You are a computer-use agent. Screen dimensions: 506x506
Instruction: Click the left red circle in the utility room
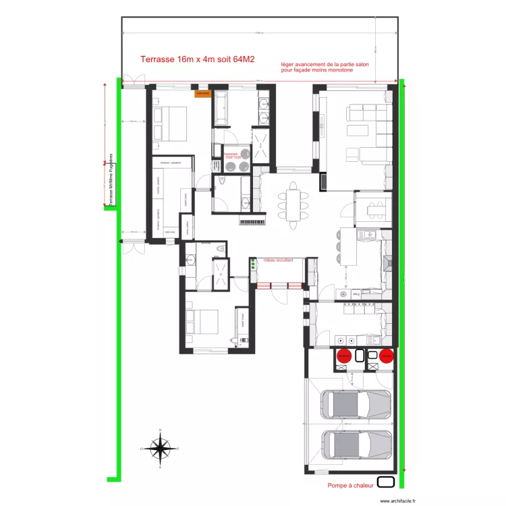[343, 356]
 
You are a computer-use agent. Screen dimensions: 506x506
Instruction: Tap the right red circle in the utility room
[386, 356]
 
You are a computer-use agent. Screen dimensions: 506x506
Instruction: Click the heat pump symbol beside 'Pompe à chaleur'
[386, 482]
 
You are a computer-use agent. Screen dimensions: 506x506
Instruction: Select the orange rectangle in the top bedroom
[202, 93]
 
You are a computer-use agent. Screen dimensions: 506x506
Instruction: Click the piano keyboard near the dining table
[253, 221]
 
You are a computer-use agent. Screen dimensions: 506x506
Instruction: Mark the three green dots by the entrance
[253, 266]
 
